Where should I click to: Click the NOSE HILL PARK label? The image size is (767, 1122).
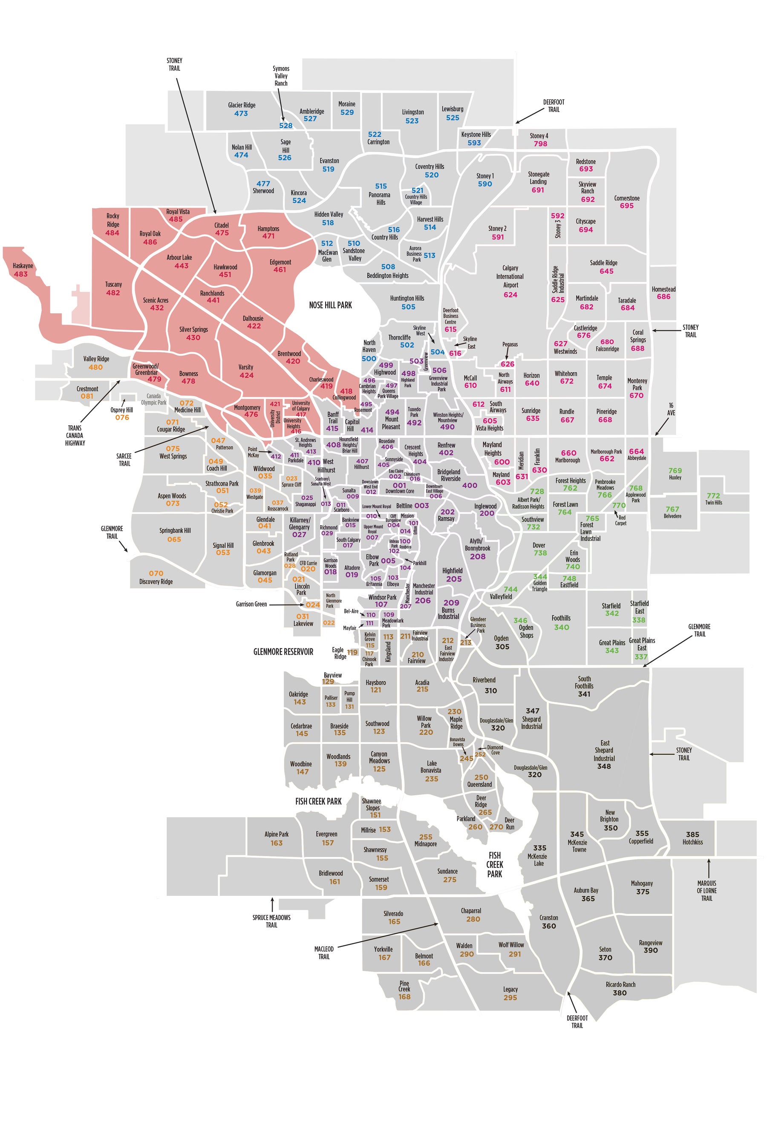coord(330,305)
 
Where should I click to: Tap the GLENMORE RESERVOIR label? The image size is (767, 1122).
coord(283,652)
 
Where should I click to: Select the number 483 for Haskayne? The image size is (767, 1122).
coord(21,274)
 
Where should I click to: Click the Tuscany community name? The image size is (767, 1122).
coord(113,285)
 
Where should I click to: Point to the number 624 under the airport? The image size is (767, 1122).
coord(510,294)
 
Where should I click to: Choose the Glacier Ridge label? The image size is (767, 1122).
coord(242,105)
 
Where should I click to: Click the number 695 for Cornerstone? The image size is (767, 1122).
coord(626,206)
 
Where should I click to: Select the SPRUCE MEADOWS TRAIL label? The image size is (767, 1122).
coord(271,921)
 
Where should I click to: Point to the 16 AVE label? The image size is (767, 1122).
coord(671,409)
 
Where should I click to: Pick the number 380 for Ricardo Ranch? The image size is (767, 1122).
coord(620,993)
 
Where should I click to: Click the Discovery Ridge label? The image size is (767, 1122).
coord(156,582)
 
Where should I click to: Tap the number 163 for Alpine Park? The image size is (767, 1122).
coord(276,843)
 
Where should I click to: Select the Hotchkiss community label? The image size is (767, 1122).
coord(692,842)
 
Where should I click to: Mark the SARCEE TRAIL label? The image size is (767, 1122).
coord(124,460)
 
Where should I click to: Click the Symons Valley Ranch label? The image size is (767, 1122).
coord(281,76)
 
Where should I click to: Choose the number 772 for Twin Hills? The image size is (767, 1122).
coord(713,495)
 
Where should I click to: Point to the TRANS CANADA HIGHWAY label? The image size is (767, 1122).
coord(75,435)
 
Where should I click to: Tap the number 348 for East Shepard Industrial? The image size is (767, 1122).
coord(604,766)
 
